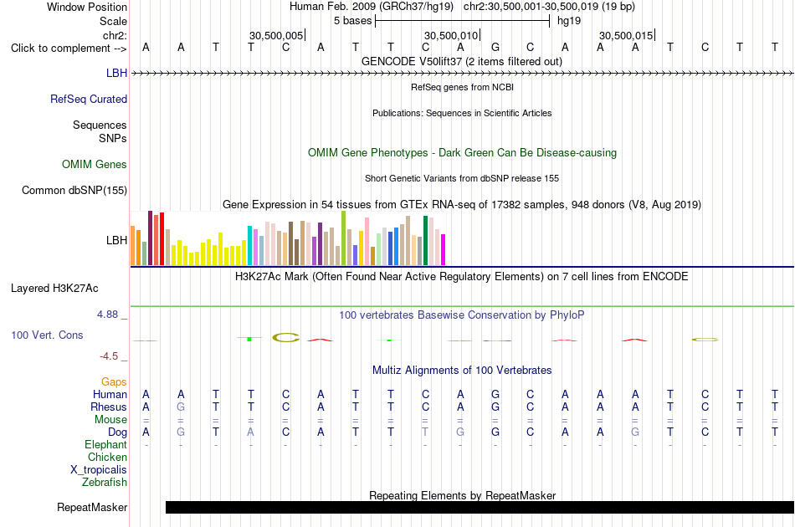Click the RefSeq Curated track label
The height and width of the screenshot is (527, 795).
89,99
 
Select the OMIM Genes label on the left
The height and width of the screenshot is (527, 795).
95,164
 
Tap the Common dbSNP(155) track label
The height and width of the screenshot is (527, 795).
74,190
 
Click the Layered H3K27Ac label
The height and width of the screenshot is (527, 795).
54,288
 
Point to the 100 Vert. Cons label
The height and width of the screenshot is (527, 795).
47,335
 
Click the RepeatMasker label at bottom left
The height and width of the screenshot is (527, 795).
92,507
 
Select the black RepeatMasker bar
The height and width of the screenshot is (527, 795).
480,507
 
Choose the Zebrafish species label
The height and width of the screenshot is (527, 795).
105,482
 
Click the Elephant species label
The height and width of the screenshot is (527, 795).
106,444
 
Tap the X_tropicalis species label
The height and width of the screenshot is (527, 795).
99,469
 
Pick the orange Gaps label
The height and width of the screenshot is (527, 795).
114,381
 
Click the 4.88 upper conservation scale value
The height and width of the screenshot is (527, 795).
108,315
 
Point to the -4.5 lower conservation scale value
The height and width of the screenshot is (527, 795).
109,356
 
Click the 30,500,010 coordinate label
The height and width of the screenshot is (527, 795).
451,35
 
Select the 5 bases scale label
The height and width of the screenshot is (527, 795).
353,21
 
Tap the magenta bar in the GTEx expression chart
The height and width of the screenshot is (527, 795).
444,250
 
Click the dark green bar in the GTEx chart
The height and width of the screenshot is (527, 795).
426,241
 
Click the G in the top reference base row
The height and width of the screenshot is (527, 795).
495,47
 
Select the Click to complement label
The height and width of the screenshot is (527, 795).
69,49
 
